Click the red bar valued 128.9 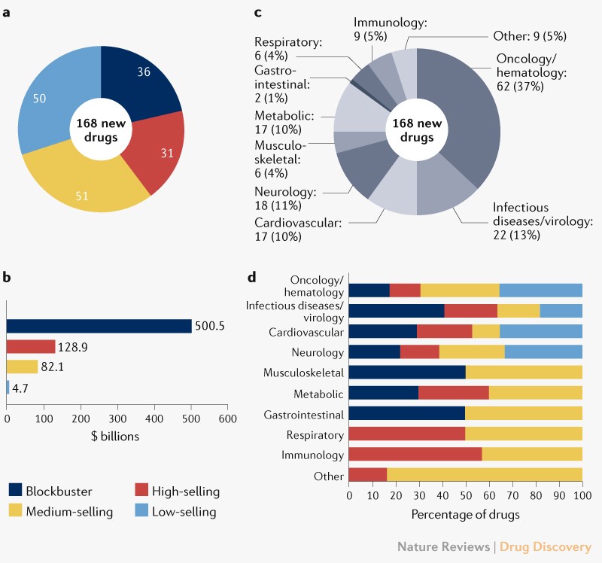31,346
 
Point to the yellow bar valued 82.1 22,367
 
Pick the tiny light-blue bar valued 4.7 8,387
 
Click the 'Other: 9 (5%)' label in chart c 531,35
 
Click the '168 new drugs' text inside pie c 412,132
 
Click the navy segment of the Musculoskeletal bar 407,372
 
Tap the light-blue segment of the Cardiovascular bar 541,331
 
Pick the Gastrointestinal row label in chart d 304,414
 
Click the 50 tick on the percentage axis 466,497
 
